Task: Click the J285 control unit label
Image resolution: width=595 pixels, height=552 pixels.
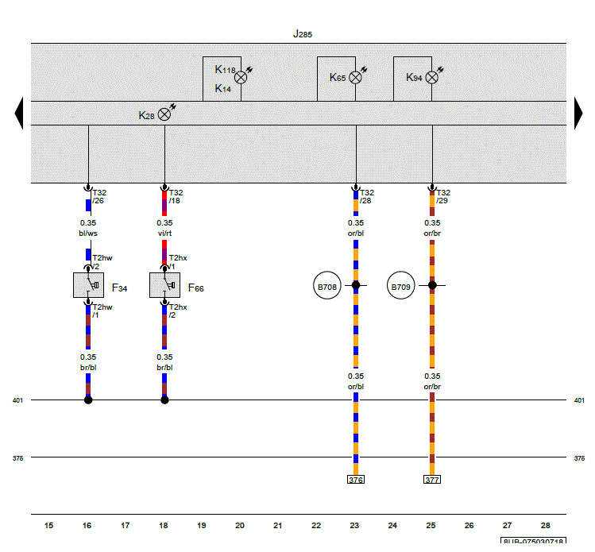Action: click(x=303, y=34)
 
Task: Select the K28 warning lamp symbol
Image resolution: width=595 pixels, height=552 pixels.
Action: click(x=164, y=114)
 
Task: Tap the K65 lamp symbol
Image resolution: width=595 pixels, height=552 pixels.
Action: click(x=355, y=77)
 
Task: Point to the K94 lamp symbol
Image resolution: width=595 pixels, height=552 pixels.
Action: click(x=431, y=77)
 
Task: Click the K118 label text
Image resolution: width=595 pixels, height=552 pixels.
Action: click(x=225, y=69)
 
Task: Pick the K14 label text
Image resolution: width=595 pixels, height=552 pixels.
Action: click(x=222, y=88)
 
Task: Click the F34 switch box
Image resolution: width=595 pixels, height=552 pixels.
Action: click(x=88, y=285)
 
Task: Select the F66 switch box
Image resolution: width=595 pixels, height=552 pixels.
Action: click(x=164, y=285)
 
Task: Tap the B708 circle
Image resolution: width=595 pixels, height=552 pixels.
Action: click(x=327, y=285)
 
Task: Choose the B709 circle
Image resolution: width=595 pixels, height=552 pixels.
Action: click(x=400, y=285)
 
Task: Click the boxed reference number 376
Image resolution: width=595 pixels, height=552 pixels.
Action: click(x=356, y=480)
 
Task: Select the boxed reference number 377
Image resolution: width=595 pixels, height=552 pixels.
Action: click(x=432, y=480)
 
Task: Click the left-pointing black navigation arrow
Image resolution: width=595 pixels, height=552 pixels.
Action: click(x=18, y=113)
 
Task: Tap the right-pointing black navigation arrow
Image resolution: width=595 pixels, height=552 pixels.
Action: click(x=578, y=113)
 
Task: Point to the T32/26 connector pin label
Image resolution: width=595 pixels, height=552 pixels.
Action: click(x=99, y=196)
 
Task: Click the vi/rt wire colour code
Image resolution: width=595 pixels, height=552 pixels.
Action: click(x=164, y=234)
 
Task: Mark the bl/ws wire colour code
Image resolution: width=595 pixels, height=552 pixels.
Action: click(x=88, y=234)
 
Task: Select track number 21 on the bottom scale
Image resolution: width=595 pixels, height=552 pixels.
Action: click(x=278, y=526)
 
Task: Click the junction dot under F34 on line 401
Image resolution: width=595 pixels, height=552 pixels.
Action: click(x=88, y=400)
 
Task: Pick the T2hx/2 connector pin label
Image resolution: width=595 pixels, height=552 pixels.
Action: click(x=178, y=311)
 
